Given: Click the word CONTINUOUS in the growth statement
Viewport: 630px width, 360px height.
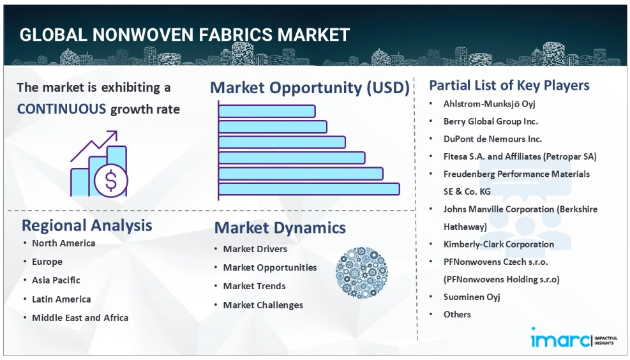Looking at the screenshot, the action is (61, 109).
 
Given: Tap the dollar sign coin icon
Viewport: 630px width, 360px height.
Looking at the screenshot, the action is (111, 181).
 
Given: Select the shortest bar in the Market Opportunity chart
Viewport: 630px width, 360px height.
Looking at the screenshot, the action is (267, 111).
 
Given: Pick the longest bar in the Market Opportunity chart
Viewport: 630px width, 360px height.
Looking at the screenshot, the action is (309, 189).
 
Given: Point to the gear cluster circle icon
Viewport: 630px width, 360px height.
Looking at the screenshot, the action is (362, 273).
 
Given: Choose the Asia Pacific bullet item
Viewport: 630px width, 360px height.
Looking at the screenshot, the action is (56, 280).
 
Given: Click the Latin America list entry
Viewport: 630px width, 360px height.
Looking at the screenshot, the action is (61, 299).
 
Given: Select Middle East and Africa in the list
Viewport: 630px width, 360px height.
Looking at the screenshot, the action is (80, 317).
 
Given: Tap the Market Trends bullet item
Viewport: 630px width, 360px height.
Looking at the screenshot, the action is (254, 286).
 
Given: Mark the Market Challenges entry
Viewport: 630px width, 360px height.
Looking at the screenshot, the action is (263, 305).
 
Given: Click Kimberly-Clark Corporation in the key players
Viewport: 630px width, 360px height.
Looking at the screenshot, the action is (499, 244).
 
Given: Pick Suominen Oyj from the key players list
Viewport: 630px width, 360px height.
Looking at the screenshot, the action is (472, 297).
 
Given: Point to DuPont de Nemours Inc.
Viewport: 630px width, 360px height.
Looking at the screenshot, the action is (493, 139).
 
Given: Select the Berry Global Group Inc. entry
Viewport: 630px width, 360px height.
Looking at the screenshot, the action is (491, 121).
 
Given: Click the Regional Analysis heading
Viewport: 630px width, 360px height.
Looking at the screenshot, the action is (87, 225).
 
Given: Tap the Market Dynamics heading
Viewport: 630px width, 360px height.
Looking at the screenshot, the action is (280, 228).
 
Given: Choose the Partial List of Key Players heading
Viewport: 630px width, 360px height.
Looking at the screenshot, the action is (509, 85).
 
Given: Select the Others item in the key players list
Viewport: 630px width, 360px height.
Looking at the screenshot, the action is (457, 315).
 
